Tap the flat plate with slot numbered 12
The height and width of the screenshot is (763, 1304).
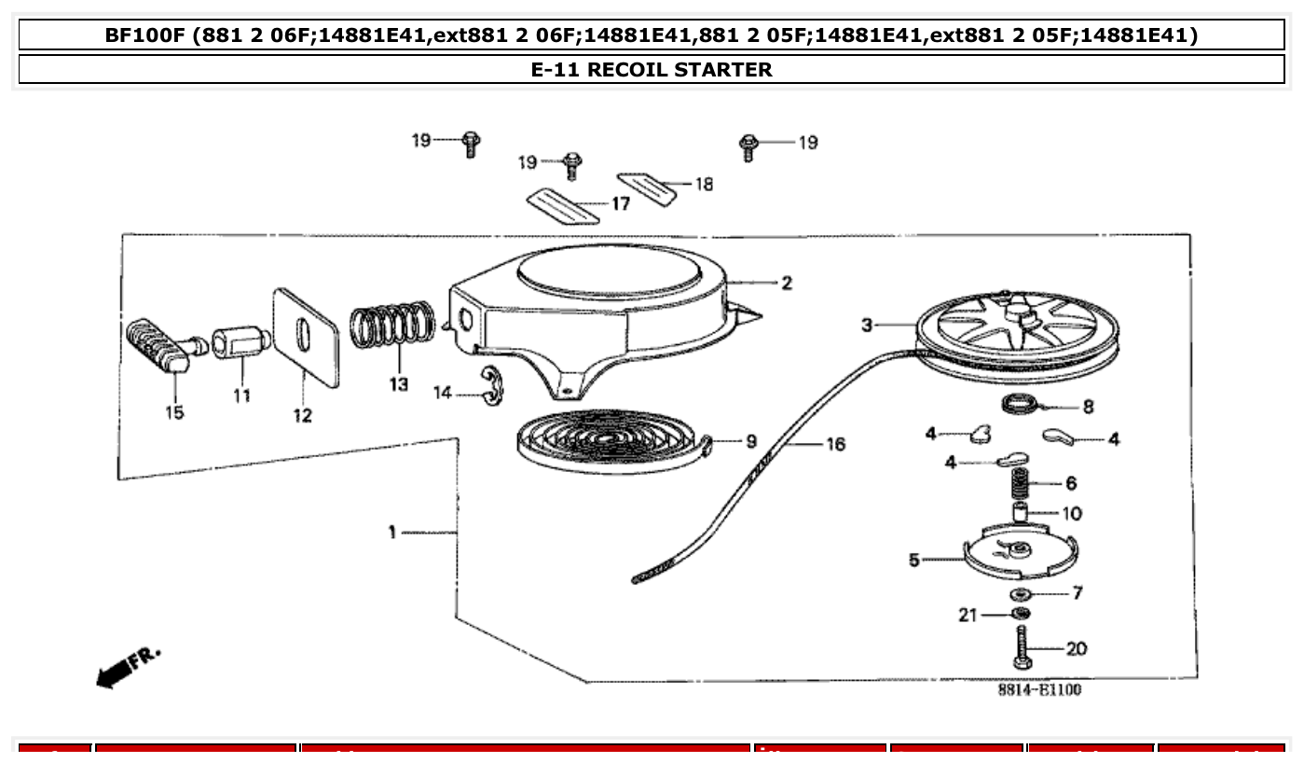pos(305,336)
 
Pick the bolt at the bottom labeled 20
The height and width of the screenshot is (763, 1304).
pos(1023,648)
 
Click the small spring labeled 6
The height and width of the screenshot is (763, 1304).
pos(1022,483)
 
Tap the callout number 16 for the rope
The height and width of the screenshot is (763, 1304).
pos(835,444)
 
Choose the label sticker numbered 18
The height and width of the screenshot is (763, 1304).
pos(647,187)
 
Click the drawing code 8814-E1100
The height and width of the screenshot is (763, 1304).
pos(1039,690)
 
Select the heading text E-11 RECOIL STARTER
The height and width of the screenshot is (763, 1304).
pos(652,69)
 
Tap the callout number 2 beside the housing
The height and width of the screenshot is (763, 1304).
pos(787,283)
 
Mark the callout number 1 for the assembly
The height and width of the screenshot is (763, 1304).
pos(393,532)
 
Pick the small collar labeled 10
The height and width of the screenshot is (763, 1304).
pos(1022,513)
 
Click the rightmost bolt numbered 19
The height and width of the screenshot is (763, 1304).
pos(748,146)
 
